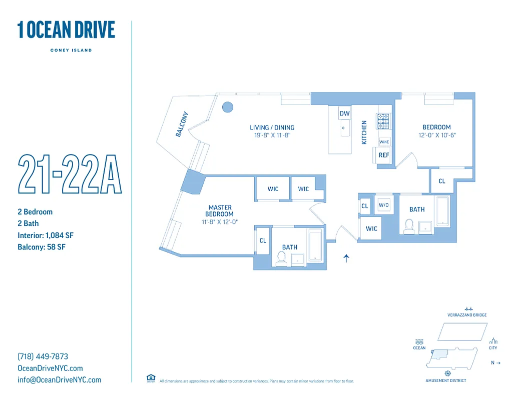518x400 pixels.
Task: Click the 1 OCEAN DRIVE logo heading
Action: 66,30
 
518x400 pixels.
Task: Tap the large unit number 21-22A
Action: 70,174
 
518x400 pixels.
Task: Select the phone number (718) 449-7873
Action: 43,356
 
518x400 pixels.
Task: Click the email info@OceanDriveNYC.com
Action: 59,379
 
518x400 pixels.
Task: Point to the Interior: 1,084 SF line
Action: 46,235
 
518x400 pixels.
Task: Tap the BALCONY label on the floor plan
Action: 182,124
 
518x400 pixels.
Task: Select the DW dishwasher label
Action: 344,113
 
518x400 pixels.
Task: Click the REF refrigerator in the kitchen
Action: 383,155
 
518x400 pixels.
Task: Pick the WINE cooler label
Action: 384,142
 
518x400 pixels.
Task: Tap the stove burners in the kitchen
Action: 383,121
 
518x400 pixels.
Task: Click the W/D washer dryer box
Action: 384,205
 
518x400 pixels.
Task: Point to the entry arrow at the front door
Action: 346,258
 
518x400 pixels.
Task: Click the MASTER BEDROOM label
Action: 220,210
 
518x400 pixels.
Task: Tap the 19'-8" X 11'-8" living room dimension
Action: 272,135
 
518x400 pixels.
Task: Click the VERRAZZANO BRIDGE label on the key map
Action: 466,315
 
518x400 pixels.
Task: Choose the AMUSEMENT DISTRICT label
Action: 445,380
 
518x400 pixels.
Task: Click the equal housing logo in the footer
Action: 150,378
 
